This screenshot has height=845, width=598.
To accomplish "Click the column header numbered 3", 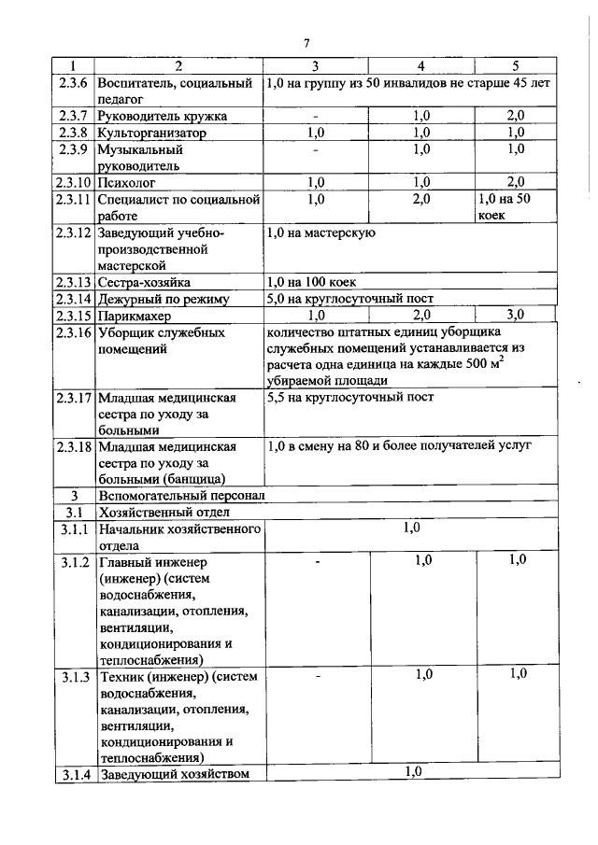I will click(x=315, y=65).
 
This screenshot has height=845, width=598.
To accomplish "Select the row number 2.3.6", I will click(x=71, y=83).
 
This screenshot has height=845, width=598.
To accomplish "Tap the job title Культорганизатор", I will click(x=152, y=133).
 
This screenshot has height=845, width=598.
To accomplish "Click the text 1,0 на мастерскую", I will click(x=320, y=232).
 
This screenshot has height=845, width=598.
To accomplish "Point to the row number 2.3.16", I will click(x=72, y=333).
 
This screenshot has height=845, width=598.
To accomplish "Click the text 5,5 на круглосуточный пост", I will click(x=349, y=398).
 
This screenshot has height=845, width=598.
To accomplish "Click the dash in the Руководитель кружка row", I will click(x=316, y=116).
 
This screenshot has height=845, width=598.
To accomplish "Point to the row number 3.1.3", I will click(x=72, y=675).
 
